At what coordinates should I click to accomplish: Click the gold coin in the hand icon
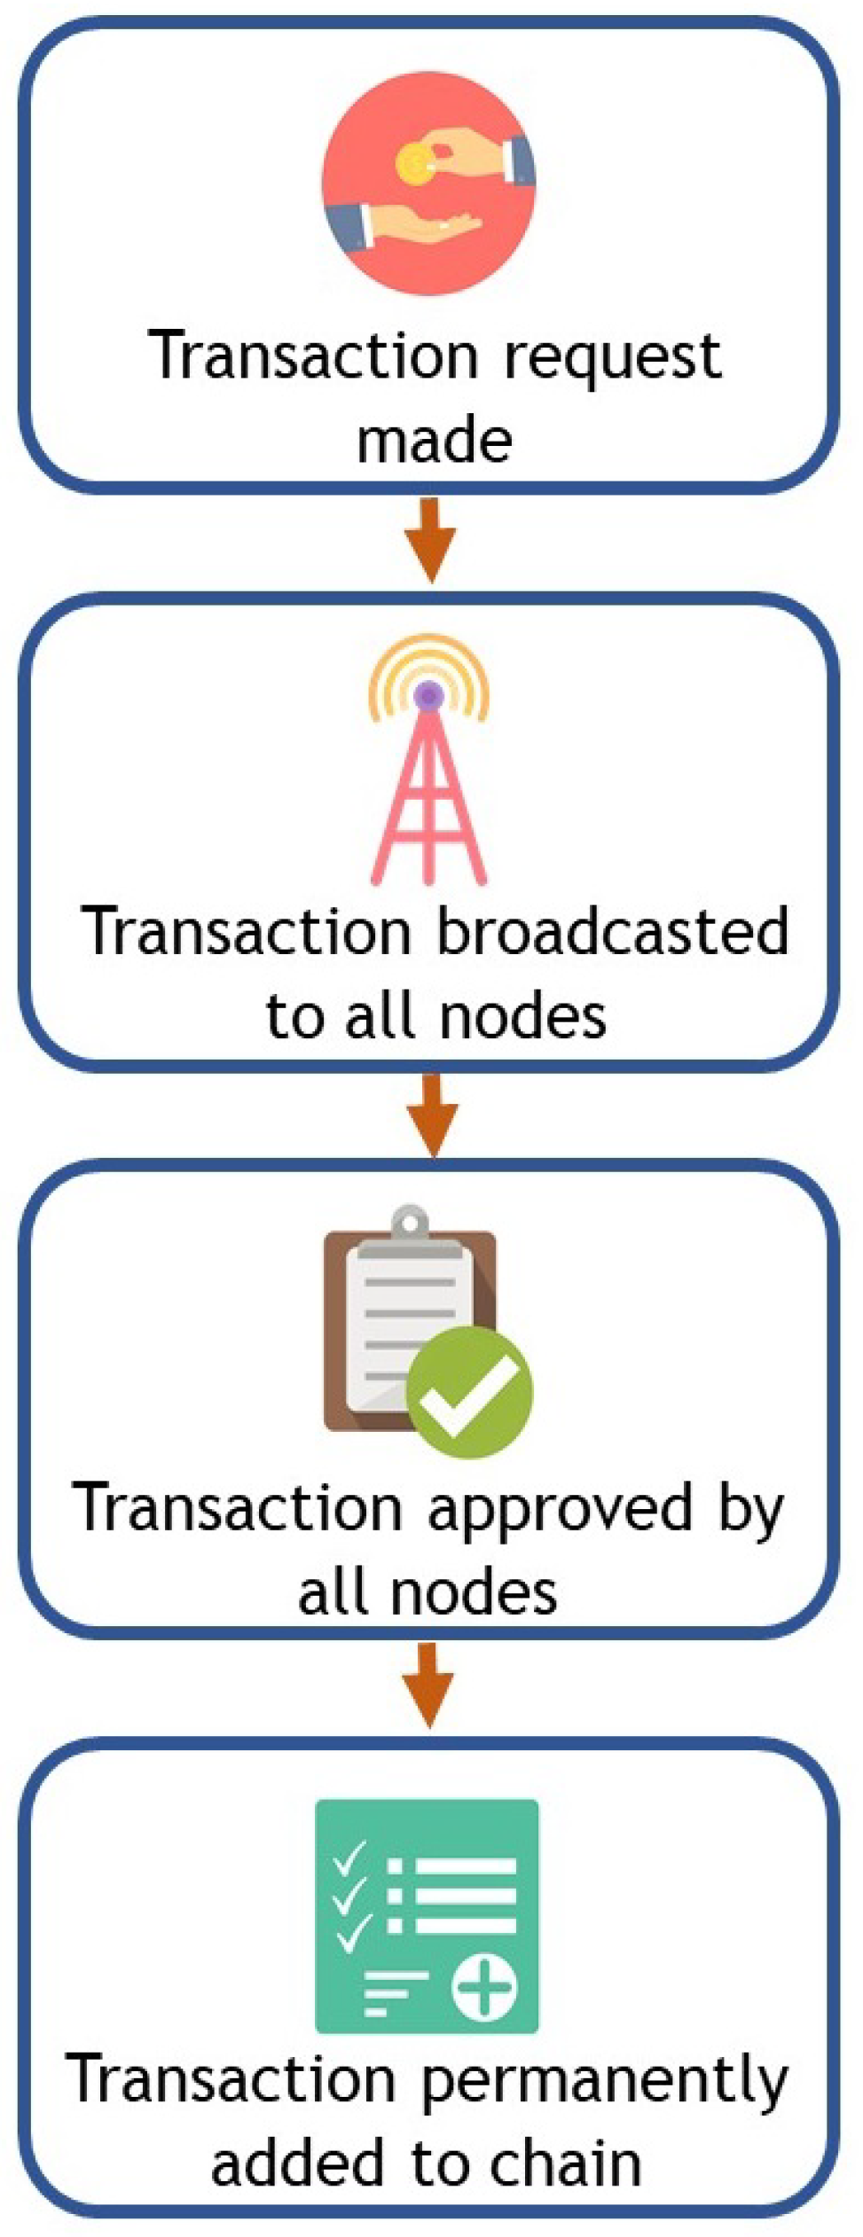pos(414,166)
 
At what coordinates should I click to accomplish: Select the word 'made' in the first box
pos(434,442)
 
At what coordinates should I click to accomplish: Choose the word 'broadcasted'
pos(612,933)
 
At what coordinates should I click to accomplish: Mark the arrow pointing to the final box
pos(428,1685)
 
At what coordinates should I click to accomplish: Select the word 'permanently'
pos(604,2083)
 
